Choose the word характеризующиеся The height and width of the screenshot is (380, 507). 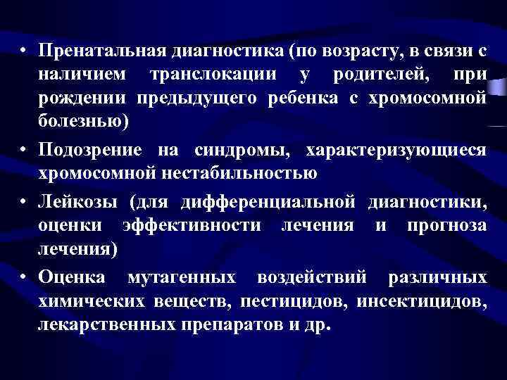396,151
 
